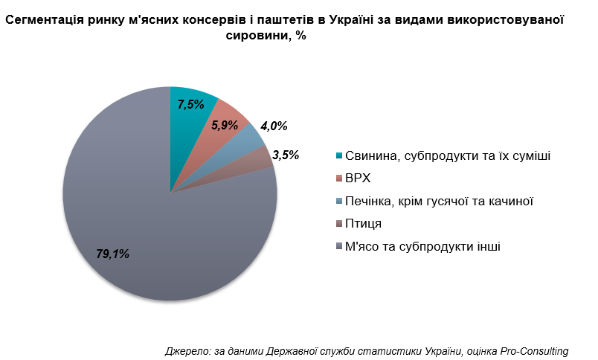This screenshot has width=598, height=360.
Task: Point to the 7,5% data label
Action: click(190, 105)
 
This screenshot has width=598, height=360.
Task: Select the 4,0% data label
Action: click(273, 126)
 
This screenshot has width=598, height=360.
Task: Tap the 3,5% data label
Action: click(286, 155)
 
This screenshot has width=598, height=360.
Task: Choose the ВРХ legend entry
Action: click(358, 179)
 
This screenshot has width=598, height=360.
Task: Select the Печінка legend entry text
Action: click(440, 201)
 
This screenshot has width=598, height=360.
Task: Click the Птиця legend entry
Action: click(363, 223)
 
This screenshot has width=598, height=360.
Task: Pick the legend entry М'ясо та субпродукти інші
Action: click(422, 246)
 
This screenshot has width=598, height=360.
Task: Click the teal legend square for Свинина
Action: click(339, 155)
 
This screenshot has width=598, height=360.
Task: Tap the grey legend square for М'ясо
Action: click(339, 246)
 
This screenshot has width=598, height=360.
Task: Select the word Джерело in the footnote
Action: click(187, 350)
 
